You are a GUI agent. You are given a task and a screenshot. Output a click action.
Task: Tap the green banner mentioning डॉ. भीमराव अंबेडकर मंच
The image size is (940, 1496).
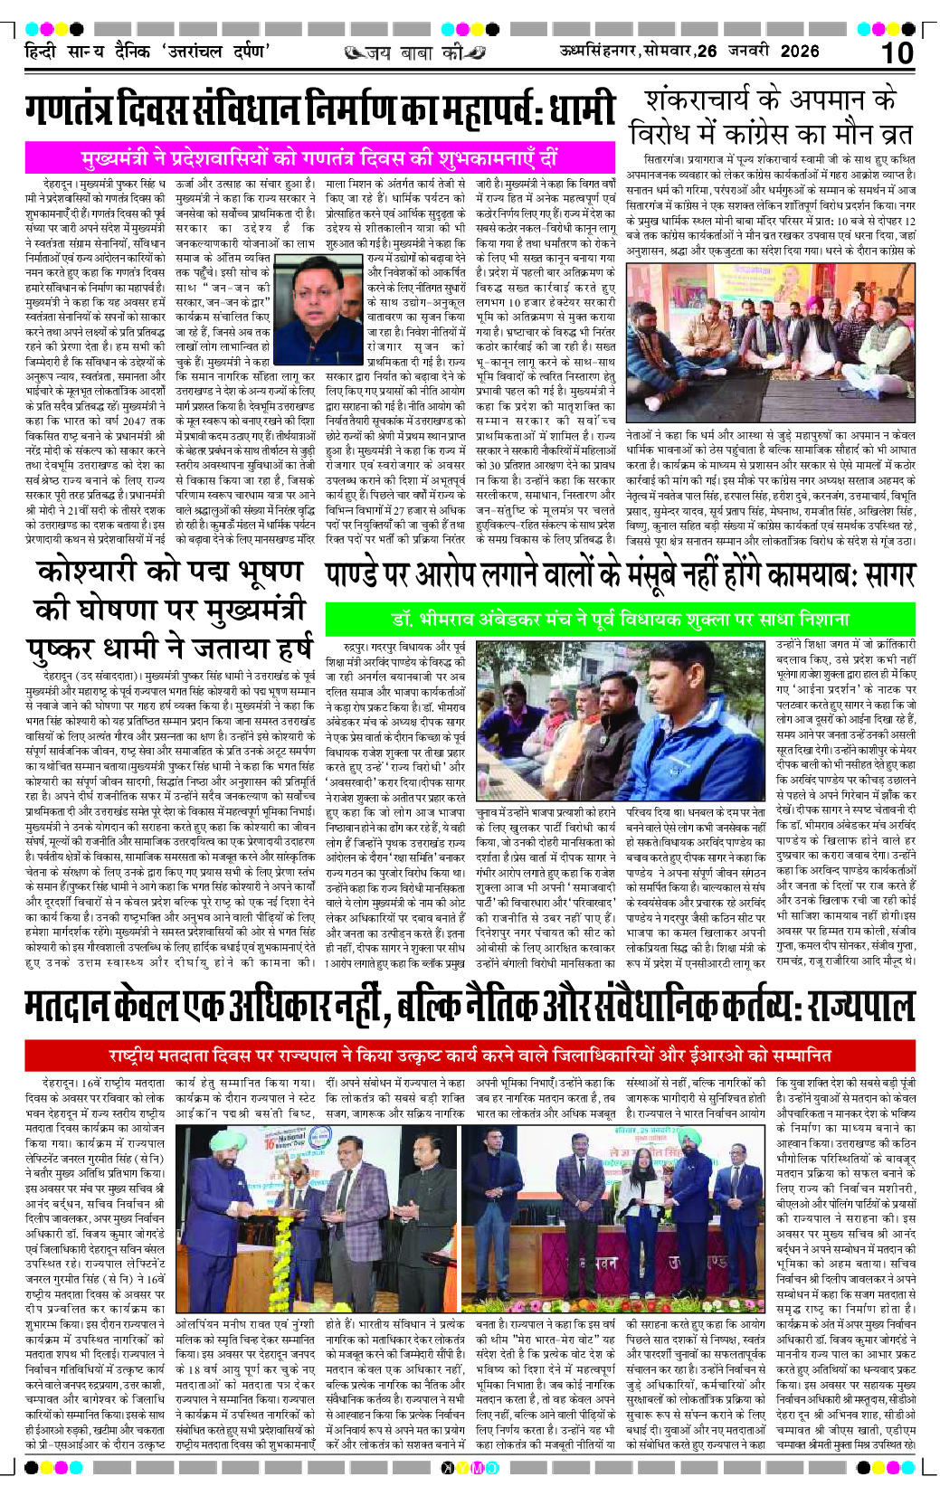tap(621, 620)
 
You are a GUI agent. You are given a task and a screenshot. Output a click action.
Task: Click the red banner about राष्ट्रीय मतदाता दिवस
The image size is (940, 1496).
tap(470, 1055)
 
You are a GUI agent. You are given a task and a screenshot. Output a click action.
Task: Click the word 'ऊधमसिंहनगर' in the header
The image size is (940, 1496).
tap(599, 52)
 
